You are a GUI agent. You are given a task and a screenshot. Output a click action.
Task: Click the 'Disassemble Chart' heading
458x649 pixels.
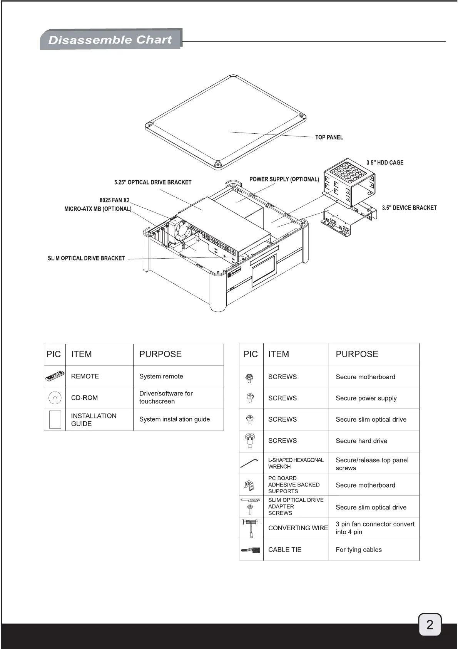click(x=110, y=40)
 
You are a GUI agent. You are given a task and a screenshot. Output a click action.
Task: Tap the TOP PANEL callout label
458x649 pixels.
click(x=329, y=137)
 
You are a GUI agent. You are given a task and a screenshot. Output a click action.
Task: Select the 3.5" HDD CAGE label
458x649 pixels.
click(x=385, y=163)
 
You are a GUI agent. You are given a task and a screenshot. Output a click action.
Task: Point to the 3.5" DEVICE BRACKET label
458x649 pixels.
click(x=409, y=208)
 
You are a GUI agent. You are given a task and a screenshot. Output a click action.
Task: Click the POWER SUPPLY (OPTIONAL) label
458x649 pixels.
click(x=284, y=179)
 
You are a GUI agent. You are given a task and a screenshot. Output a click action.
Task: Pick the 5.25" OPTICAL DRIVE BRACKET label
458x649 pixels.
click(x=153, y=182)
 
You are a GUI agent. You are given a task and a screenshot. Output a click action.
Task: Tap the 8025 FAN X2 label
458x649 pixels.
click(x=115, y=200)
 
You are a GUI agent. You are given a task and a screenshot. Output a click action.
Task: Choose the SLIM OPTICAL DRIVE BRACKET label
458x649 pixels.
click(x=86, y=258)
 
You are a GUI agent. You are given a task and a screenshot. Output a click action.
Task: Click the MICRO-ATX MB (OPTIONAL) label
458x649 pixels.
click(x=98, y=209)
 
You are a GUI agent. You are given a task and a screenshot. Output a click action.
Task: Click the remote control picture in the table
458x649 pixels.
click(x=55, y=376)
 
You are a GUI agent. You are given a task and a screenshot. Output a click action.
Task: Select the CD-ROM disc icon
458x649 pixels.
click(x=55, y=398)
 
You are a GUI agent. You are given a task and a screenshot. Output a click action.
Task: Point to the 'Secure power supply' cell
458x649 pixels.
click(x=366, y=398)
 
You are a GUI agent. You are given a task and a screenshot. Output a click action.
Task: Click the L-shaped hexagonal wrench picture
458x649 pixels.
click(x=250, y=462)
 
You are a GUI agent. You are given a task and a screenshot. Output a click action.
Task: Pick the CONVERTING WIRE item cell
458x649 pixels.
click(x=298, y=528)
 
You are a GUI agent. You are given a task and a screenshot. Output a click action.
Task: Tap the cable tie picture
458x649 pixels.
click(x=251, y=550)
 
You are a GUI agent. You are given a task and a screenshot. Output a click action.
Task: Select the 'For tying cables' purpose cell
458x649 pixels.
click(x=359, y=550)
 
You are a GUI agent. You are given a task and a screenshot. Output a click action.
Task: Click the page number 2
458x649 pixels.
click(x=430, y=624)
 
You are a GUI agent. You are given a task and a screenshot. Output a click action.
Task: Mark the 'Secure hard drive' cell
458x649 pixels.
click(x=361, y=441)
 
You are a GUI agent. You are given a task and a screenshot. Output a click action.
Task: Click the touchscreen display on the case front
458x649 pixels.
click(x=264, y=271)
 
